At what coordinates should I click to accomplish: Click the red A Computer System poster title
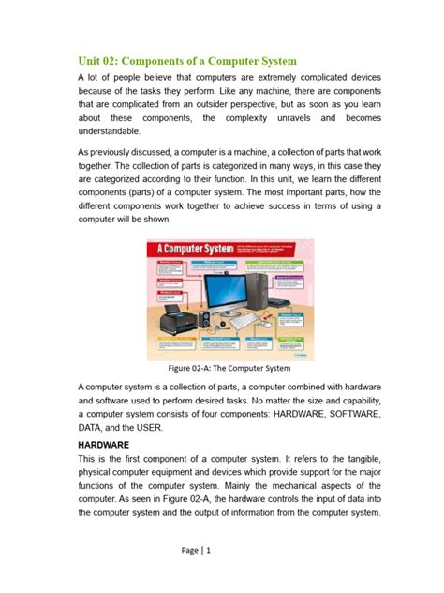(193, 253)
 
